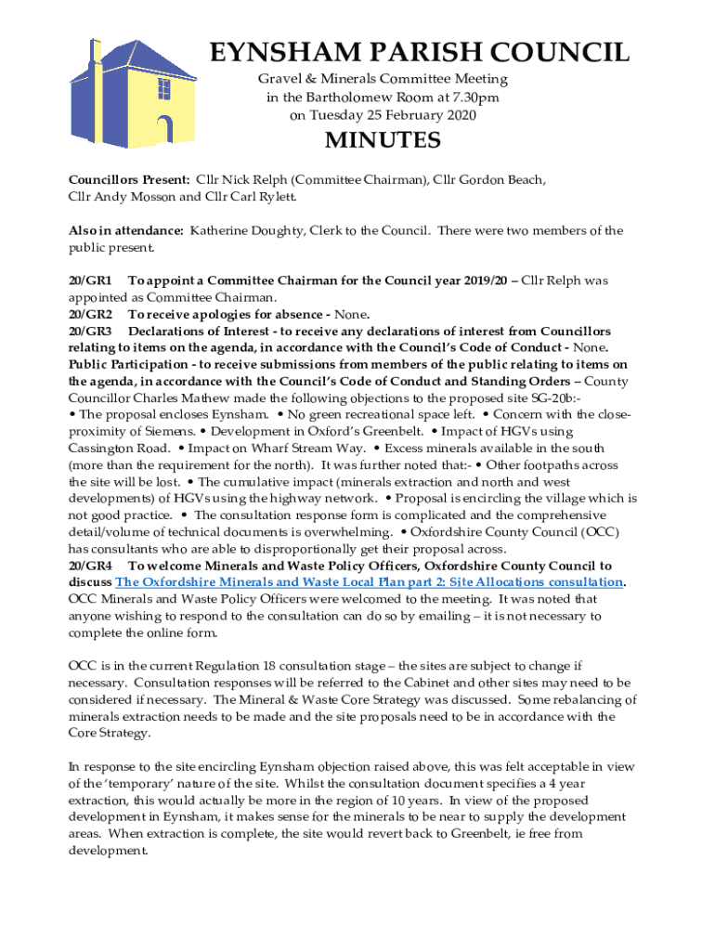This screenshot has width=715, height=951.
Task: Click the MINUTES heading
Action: (x=382, y=141)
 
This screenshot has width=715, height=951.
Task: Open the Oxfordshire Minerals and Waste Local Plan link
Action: (x=369, y=581)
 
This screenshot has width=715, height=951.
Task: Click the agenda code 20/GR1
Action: (x=90, y=280)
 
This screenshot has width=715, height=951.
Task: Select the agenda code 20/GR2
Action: (x=90, y=314)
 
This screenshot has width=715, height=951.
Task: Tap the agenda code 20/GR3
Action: (x=90, y=331)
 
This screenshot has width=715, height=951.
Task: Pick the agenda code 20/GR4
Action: (x=90, y=565)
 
